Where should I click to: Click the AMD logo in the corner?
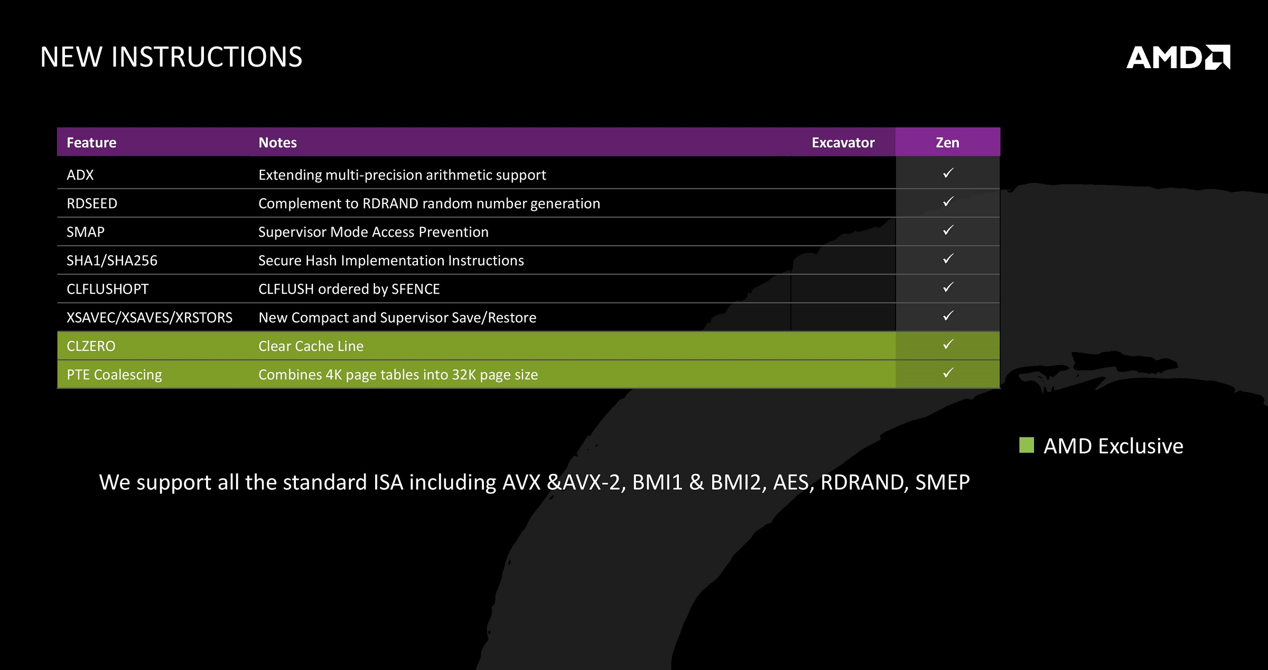1178,57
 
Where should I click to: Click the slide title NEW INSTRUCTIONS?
171,57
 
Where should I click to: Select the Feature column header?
91,143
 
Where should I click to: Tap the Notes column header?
277,143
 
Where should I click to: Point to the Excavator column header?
843,143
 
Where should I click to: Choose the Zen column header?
947,143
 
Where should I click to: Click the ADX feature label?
80,175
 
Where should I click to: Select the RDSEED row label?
92,203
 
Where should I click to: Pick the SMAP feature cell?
86,232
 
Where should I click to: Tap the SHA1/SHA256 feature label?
112,260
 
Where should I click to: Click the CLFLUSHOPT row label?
108,289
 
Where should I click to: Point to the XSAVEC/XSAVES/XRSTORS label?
150,318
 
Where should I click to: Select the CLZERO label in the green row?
91,346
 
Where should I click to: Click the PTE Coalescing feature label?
114,375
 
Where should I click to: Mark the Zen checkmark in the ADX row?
948,173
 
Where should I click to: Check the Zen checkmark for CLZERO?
948,344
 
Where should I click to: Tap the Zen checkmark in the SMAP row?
948,230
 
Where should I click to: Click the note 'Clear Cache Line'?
311,346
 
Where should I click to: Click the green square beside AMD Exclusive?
1027,445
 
